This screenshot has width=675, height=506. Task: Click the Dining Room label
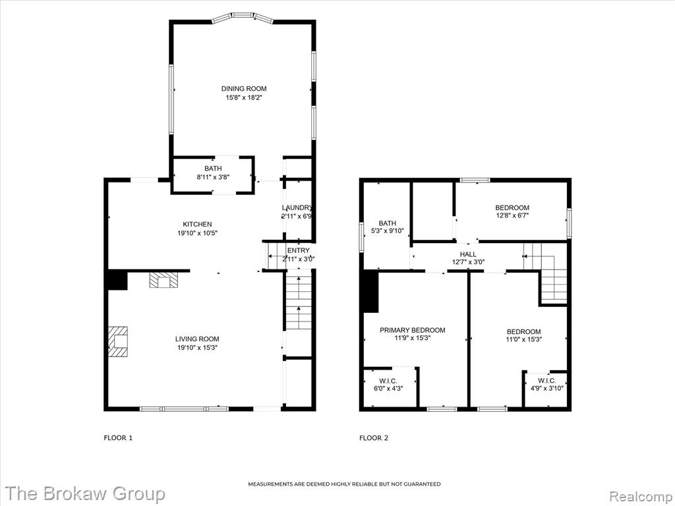(244, 89)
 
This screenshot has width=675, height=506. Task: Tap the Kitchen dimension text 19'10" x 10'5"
(198, 233)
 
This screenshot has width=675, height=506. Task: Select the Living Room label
(197, 339)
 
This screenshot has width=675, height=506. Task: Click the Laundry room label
(297, 208)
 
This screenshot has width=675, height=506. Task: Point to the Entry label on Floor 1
(299, 250)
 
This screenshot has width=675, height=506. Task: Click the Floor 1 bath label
(213, 168)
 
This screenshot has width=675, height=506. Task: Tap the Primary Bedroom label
(413, 330)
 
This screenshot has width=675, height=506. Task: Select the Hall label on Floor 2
(468, 254)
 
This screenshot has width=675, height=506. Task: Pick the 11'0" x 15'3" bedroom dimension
(523, 339)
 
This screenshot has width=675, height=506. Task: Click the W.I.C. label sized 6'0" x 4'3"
(388, 381)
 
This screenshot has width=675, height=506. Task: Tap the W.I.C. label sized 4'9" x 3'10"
(546, 381)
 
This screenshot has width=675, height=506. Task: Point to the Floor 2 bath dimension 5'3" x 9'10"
(388, 231)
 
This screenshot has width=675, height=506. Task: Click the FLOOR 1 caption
(119, 438)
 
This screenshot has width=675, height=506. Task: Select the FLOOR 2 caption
(374, 438)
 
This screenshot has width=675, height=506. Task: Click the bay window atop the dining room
(243, 16)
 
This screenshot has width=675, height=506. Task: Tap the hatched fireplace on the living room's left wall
(117, 342)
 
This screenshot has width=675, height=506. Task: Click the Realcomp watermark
(641, 495)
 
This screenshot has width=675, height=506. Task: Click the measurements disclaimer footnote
(344, 484)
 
